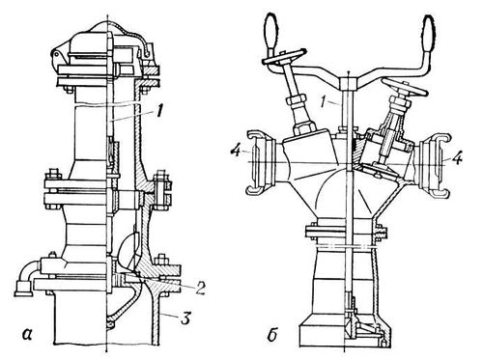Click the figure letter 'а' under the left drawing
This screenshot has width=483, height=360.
[x=28, y=335]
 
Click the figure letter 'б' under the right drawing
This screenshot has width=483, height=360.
[x=272, y=335]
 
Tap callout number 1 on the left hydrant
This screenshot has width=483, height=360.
[x=160, y=113]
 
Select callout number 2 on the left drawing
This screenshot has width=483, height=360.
[x=199, y=289]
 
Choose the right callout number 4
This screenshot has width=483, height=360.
[x=458, y=158]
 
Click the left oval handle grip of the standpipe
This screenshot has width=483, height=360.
[x=270, y=32]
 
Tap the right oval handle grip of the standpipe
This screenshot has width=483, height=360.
[x=429, y=32]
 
